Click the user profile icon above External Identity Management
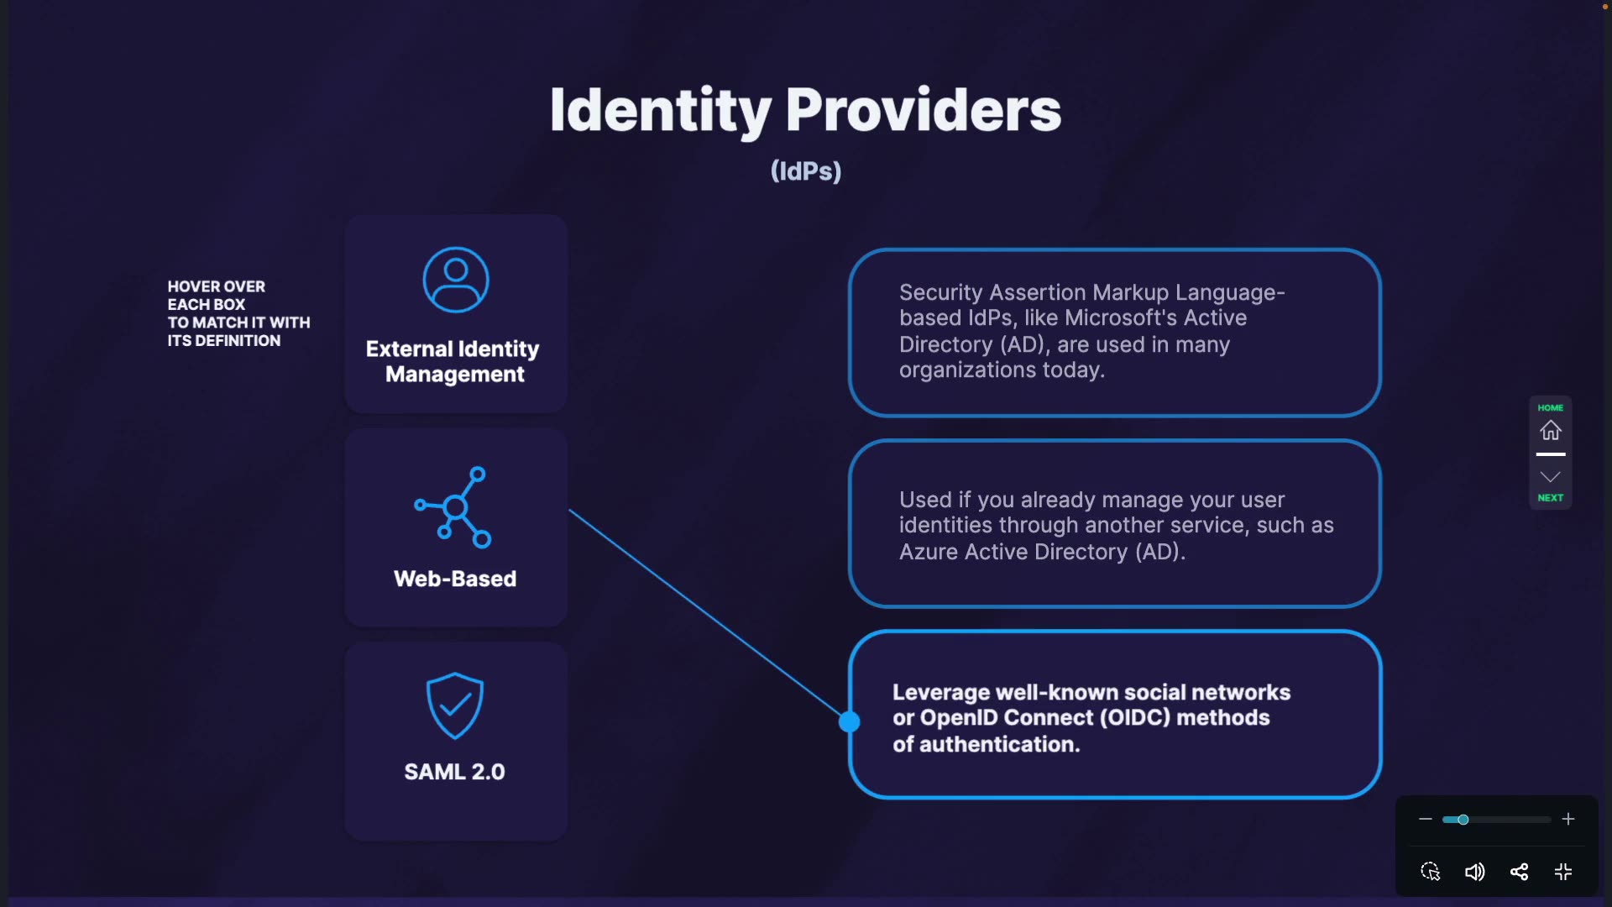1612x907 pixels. click(455, 280)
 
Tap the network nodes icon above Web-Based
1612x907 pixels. click(454, 506)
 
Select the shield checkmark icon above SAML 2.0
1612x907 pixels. click(454, 705)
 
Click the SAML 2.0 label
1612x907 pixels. click(454, 772)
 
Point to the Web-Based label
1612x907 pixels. click(455, 579)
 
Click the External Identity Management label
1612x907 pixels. click(453, 361)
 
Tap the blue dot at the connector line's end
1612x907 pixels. click(850, 721)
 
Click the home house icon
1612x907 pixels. click(1550, 430)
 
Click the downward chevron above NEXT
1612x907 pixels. click(1550, 477)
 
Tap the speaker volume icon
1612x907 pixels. click(1474, 872)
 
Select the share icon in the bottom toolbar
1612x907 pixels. click(1519, 872)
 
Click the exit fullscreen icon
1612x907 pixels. click(1563, 872)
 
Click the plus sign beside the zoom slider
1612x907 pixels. click(1568, 819)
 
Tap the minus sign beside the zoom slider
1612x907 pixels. click(1425, 819)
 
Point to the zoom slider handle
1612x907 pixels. click(1463, 819)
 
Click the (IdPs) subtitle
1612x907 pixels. click(806, 171)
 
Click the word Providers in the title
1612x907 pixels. click(923, 110)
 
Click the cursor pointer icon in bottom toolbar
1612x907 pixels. click(1430, 872)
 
